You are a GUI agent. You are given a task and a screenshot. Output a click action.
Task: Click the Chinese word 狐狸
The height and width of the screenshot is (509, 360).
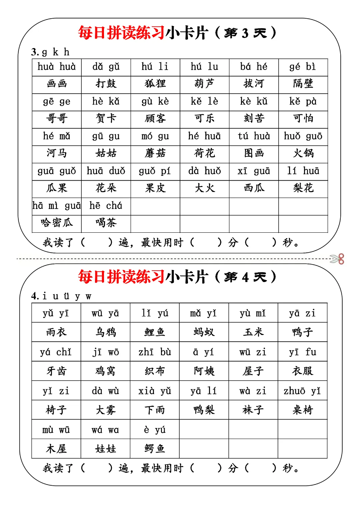coord(155,84)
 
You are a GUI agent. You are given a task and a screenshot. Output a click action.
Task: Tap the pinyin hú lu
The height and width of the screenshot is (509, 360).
coord(204,67)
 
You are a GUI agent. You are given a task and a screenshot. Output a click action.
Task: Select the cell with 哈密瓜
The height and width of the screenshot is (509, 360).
coord(57,223)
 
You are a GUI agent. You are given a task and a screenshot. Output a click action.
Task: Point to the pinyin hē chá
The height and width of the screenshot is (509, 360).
coord(106,206)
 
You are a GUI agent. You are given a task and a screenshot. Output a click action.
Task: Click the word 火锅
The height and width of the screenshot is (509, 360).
coord(303,153)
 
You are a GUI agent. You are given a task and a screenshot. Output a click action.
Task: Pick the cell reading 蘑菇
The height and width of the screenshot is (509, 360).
coord(155,153)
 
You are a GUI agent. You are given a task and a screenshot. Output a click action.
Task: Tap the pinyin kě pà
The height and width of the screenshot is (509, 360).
coord(303,101)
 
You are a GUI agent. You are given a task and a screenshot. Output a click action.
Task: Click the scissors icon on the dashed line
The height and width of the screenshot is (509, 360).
coord(337,259)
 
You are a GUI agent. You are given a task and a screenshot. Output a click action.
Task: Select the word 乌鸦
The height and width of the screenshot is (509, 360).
coord(105,332)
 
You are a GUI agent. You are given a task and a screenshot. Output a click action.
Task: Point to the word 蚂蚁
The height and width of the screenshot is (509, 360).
coord(204,332)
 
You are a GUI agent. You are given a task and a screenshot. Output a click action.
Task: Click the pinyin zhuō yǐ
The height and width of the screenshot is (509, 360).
coord(302,391)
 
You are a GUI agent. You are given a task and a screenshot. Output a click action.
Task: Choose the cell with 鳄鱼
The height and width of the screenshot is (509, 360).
coord(155,449)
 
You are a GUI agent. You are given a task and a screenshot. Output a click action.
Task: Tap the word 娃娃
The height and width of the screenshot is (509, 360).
coord(105,449)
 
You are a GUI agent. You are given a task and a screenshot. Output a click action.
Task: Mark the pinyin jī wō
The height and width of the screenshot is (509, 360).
coord(105,352)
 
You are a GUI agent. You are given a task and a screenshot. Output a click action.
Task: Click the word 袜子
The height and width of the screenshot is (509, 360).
coord(253,410)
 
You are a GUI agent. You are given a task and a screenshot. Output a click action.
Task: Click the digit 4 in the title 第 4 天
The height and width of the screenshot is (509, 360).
coord(245,277)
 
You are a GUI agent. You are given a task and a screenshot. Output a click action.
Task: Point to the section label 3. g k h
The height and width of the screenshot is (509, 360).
coord(50,52)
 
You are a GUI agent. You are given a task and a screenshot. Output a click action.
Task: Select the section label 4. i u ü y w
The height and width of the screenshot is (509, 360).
coord(61,296)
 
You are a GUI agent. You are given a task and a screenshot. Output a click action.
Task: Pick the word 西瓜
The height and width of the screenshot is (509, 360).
coord(254,188)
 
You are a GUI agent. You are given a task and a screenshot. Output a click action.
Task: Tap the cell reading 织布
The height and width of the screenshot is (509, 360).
coord(155,371)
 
